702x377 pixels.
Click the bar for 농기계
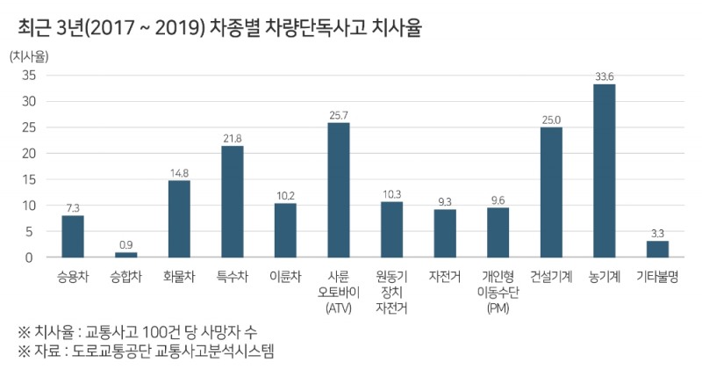point(604,170)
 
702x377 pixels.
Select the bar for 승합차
point(125,255)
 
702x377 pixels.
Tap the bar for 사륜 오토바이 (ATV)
point(339,190)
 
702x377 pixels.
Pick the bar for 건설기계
point(551,192)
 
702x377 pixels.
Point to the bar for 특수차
point(233,201)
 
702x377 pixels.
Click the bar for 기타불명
point(657,249)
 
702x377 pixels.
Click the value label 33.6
point(604,76)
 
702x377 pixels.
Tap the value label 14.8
point(179,172)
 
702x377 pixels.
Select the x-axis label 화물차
point(179,276)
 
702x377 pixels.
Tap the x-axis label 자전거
point(445,276)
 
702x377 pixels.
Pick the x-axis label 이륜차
point(285,276)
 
